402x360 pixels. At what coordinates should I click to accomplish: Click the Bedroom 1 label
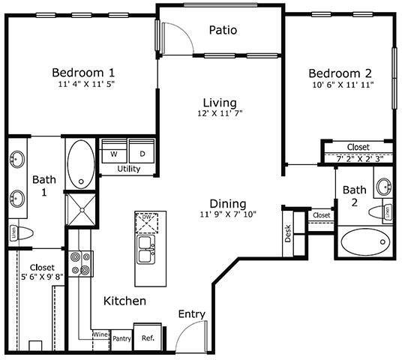click(82, 72)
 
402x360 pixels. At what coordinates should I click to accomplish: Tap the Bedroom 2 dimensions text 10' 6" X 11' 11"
click(340, 85)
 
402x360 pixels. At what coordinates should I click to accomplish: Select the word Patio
click(223, 31)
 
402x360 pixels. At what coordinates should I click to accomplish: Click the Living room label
click(220, 102)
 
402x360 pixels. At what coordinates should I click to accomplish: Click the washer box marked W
click(115, 154)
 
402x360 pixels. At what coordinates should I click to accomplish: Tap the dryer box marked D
click(142, 154)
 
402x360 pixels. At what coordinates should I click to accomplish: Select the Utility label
click(129, 169)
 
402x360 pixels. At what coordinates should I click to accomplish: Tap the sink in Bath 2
click(383, 187)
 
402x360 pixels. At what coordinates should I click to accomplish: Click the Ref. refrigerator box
click(147, 337)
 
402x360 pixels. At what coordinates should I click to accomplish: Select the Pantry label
click(122, 338)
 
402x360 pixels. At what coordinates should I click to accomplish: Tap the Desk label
click(288, 234)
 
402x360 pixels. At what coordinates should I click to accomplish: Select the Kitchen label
click(124, 301)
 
